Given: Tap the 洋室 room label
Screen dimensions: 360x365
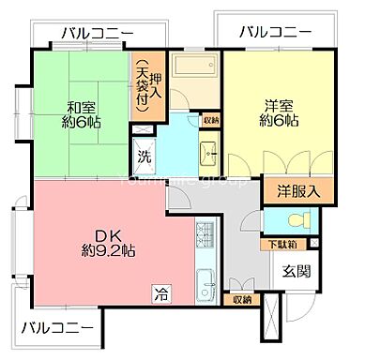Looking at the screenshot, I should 275,107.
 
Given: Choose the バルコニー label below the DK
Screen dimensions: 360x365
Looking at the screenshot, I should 57,329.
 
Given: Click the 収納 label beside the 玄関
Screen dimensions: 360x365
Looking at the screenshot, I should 242,300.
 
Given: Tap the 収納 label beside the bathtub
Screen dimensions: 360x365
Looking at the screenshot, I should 211,119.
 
